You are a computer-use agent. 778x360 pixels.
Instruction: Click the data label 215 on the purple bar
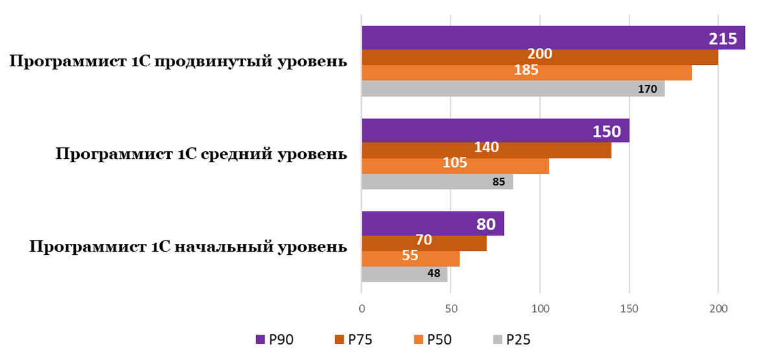(x=723, y=39)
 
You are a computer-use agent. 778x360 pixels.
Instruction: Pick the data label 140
(x=486, y=147)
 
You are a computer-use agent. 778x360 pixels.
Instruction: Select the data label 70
(x=424, y=240)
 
